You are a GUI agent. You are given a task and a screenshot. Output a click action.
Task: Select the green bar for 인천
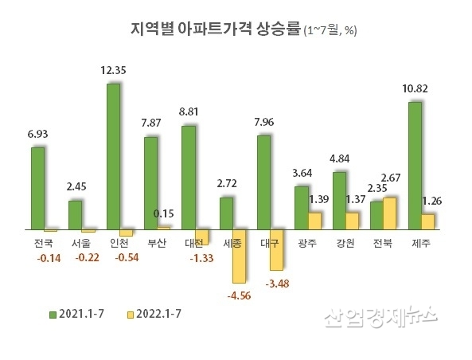(113, 156)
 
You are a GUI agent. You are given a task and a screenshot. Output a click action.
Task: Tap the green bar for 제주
(415, 166)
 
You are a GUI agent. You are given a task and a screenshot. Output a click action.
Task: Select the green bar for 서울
(75, 214)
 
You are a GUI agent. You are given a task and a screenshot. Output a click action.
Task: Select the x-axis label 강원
(344, 243)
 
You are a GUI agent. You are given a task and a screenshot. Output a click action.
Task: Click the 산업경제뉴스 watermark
(380, 317)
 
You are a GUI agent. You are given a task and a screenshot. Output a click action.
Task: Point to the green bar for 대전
(189, 178)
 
